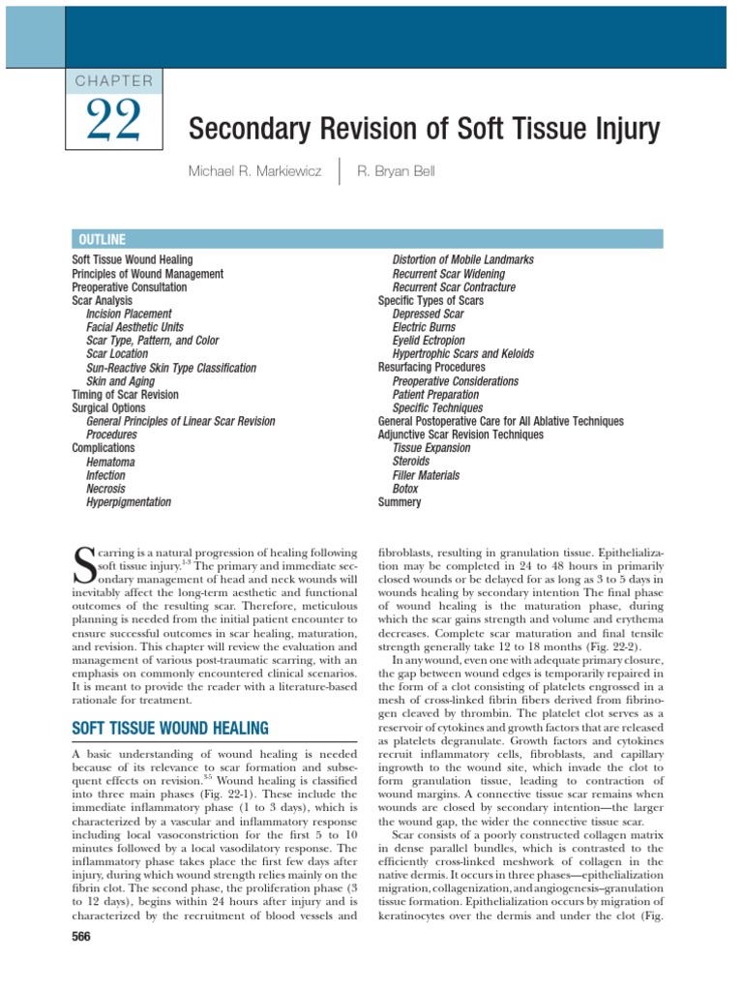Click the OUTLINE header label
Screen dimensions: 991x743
coord(99,239)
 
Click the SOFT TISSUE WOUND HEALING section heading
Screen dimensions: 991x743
coord(170,727)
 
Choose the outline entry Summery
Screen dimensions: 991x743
coord(400,502)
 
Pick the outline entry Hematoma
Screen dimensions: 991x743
coord(110,462)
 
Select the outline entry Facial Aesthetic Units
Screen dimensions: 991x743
coord(134,327)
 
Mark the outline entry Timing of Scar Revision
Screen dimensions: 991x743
coord(125,395)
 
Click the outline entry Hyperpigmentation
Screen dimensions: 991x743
coord(129,502)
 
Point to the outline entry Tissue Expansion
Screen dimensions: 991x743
coord(431,448)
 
